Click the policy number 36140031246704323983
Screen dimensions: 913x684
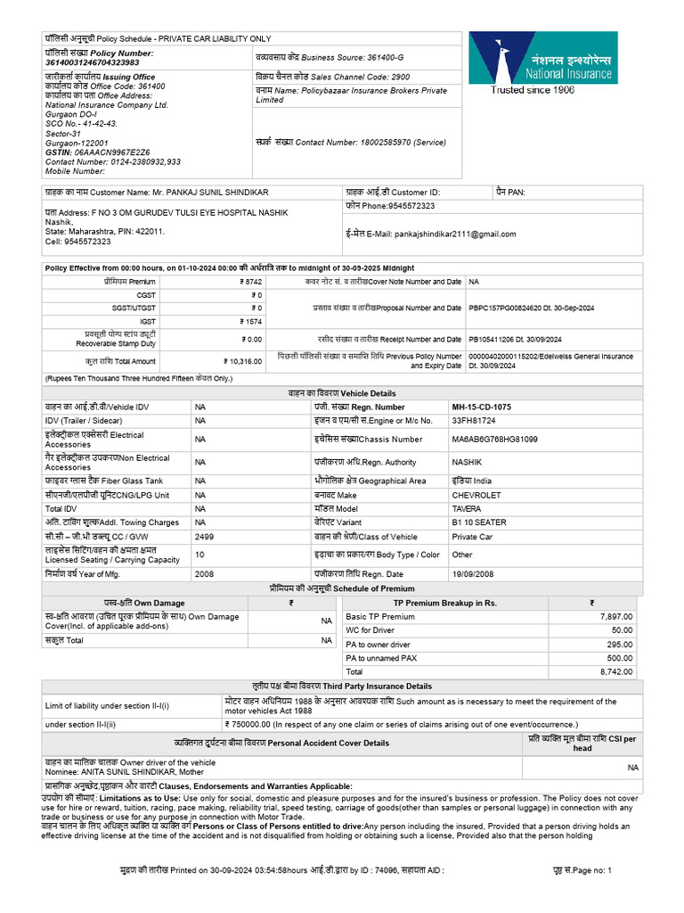(x=92, y=63)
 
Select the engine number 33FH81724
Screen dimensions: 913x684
(x=474, y=420)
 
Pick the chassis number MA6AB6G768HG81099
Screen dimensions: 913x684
(x=494, y=440)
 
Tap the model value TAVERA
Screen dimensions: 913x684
(x=467, y=508)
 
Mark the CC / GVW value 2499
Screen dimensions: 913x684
(x=205, y=537)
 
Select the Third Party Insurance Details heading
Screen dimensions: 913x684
(x=343, y=686)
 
